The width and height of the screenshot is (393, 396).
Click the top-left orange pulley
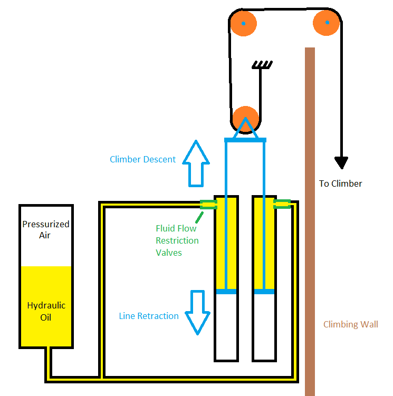click(243, 24)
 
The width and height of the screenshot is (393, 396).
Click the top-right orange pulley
click(327, 23)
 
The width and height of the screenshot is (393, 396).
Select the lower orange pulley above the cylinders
click(245, 119)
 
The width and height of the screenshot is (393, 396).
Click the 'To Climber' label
click(340, 183)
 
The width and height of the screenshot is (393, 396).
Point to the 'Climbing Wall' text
click(351, 324)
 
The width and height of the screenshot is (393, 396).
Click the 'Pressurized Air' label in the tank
click(46, 229)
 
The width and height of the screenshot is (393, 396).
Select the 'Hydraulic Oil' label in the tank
click(46, 311)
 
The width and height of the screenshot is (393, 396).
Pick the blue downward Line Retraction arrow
click(198, 312)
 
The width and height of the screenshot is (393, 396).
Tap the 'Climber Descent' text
click(142, 159)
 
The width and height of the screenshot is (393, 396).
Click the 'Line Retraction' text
click(149, 316)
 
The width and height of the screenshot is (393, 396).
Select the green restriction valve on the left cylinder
click(208, 205)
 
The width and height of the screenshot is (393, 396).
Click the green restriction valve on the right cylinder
click(282, 204)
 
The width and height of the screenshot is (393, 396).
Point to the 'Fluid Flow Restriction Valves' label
click(177, 240)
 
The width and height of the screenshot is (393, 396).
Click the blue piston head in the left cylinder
click(226, 291)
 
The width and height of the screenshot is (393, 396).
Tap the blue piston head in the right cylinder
click(264, 291)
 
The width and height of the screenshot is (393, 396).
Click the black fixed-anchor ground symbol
click(262, 65)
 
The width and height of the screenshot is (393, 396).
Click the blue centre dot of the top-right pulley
click(327, 23)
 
